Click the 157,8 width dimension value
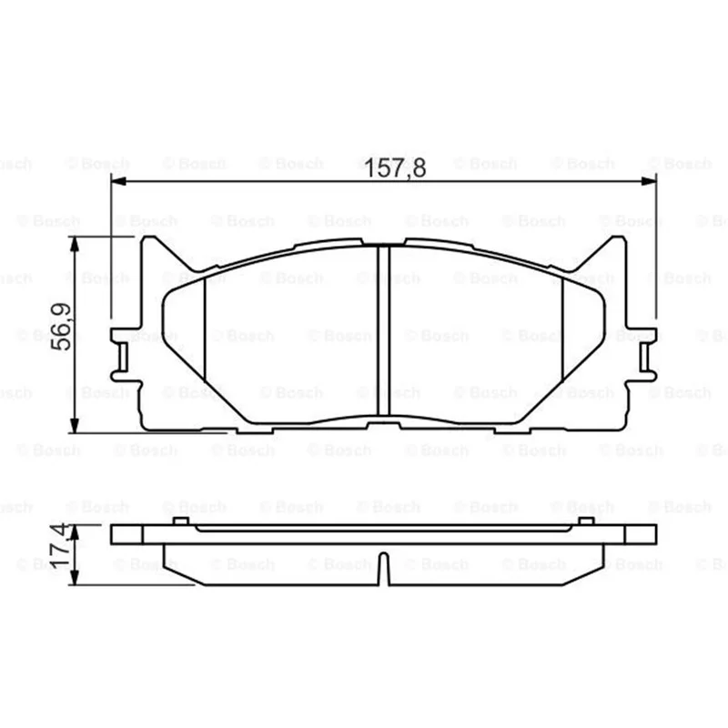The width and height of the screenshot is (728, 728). (x=395, y=167)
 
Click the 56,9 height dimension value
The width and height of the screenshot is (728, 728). (x=61, y=327)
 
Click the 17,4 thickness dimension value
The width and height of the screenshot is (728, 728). (x=60, y=546)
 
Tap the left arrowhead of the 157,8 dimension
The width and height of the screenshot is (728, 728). (x=119, y=180)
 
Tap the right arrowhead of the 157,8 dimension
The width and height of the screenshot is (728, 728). (x=649, y=180)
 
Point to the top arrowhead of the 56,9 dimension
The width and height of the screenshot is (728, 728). (x=75, y=244)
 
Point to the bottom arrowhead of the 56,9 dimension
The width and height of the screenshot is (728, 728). (x=75, y=425)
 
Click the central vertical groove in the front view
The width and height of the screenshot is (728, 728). (x=383, y=330)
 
